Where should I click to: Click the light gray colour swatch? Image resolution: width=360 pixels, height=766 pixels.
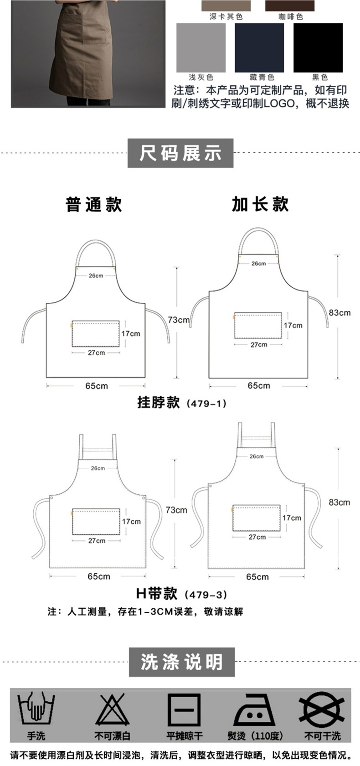coord(201,47)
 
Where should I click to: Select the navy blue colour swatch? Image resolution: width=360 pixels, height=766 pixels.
coord(259,47)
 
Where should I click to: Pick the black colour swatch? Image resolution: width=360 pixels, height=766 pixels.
coord(318,47)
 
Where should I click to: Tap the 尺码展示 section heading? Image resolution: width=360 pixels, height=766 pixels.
coord(180,153)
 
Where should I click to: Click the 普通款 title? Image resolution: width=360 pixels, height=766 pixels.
coord(94,204)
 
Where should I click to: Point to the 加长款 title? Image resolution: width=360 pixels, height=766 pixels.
coord(260,204)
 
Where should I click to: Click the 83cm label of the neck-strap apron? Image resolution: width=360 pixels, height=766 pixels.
coord(339,313)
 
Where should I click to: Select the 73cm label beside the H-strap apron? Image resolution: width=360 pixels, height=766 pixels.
coord(176,510)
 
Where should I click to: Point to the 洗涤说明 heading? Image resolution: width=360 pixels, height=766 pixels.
coord(181,662)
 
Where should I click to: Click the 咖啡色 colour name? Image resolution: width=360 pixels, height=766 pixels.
coord(290,17)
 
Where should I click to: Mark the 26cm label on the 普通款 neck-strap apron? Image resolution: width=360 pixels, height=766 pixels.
coord(96,276)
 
